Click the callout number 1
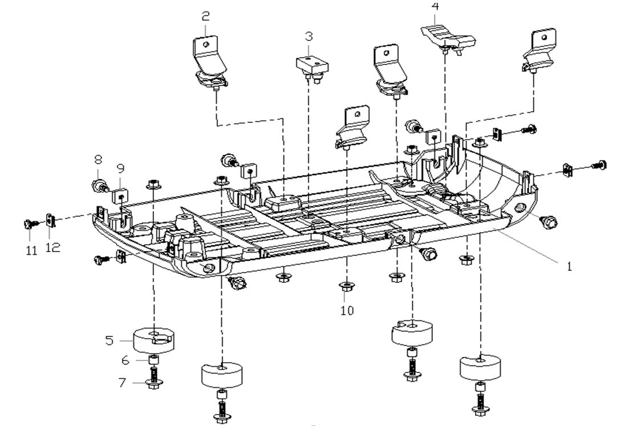point(568,266)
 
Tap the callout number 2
point(205,17)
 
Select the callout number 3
point(309,36)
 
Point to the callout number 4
point(436,7)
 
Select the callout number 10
point(347,310)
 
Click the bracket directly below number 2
point(208,63)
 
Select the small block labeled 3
point(310,63)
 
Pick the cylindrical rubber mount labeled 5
point(154,340)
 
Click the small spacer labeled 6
point(153,360)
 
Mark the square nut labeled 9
point(121,196)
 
